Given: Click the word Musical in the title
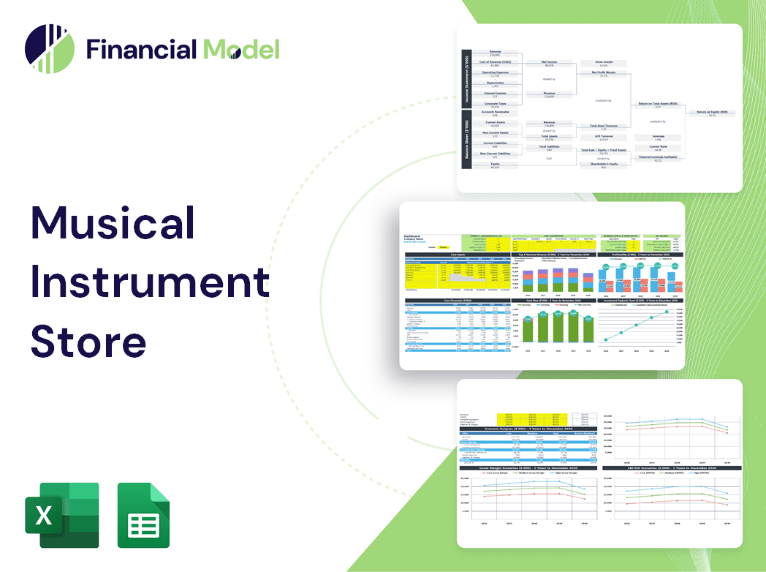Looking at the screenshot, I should [x=113, y=222].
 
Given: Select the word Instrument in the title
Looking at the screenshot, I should [x=150, y=281].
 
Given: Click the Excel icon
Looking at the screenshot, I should [x=61, y=515].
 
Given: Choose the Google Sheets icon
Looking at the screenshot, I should [x=144, y=515].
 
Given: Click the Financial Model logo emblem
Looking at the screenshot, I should [x=49, y=49].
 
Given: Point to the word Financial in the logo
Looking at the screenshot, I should [x=142, y=50].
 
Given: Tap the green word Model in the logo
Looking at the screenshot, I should [x=241, y=50].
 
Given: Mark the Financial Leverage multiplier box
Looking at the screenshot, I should [x=657, y=158].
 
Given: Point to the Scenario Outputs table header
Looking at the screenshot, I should [x=526, y=429].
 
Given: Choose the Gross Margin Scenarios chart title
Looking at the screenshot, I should [x=526, y=467].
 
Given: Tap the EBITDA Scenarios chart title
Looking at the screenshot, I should [x=671, y=467].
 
